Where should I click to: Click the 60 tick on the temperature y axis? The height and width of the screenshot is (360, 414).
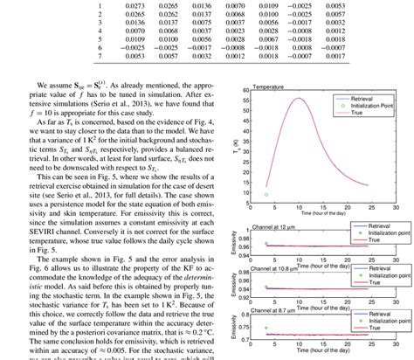246,93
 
